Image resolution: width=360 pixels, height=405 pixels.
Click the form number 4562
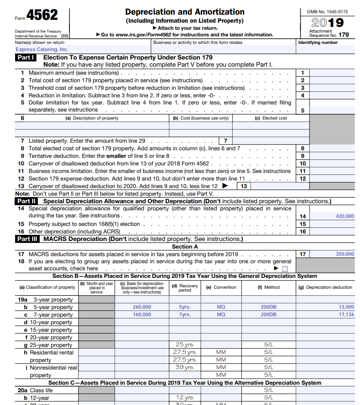(x=42, y=16)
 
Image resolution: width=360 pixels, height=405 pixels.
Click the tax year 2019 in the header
(x=327, y=23)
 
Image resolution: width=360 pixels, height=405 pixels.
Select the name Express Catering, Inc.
(x=42, y=49)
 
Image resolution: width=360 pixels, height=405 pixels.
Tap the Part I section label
(x=26, y=58)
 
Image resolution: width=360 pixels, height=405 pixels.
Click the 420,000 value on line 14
(x=344, y=216)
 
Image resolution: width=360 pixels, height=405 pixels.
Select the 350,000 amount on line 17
(x=344, y=254)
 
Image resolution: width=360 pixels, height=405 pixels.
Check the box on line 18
(x=284, y=269)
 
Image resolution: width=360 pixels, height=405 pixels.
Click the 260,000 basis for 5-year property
(x=142, y=307)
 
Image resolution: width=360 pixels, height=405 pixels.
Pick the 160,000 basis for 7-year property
(x=142, y=315)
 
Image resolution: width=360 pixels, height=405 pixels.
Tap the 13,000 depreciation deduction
(x=346, y=307)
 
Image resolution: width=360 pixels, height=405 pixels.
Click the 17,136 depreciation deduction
(x=346, y=315)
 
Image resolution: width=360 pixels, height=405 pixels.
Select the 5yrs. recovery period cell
(x=185, y=307)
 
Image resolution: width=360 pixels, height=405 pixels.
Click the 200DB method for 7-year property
(x=268, y=315)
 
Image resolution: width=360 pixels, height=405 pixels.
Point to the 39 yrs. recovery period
(x=185, y=367)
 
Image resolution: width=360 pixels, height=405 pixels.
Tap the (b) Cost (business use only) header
(x=200, y=118)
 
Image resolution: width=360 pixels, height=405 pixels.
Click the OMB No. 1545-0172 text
(x=327, y=11)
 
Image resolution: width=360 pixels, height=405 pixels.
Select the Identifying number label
(x=318, y=43)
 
